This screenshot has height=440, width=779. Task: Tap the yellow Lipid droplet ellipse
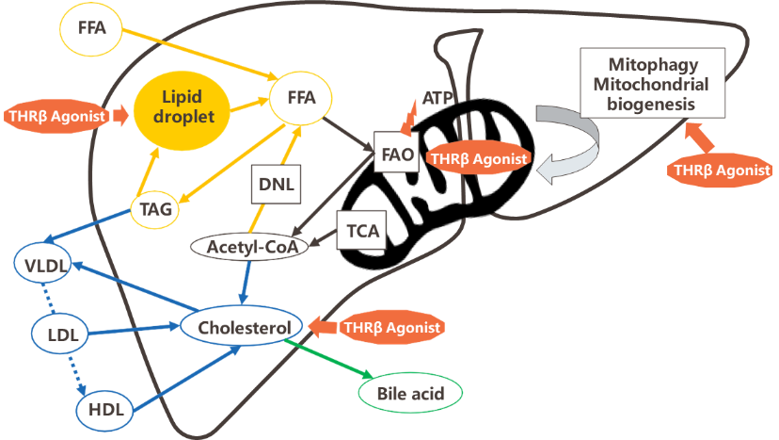point(183,107)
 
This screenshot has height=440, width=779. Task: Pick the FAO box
point(394,154)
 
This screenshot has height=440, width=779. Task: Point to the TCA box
point(362,229)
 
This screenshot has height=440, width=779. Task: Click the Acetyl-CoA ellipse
point(246,247)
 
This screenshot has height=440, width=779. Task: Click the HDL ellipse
point(104,409)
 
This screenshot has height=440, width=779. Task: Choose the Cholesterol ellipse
point(244,327)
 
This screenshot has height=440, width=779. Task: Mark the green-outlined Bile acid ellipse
point(410,392)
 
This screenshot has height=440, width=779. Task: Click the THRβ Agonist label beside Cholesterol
point(389,327)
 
